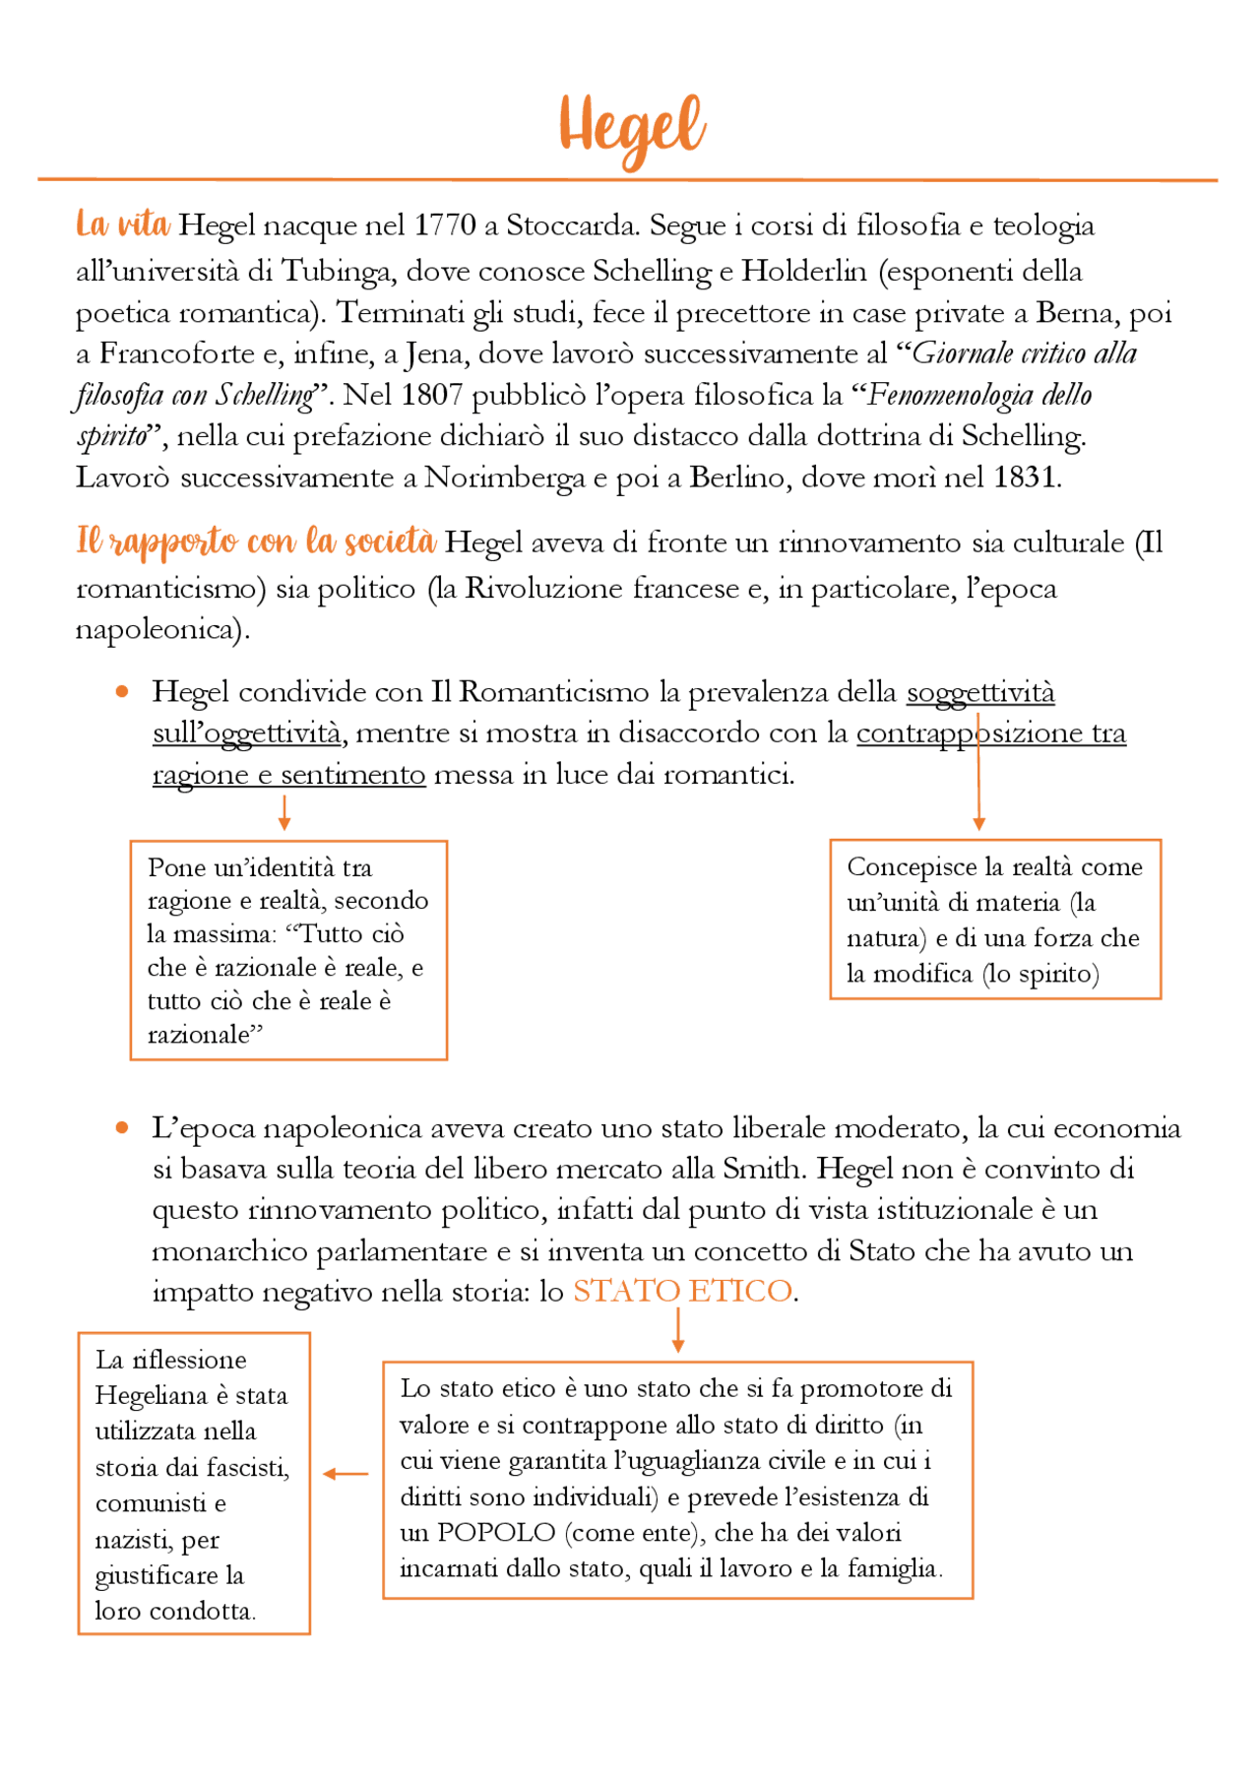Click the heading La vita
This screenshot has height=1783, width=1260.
(x=123, y=224)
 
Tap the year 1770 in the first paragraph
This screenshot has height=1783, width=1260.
(x=444, y=225)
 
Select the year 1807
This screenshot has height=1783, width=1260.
(x=432, y=395)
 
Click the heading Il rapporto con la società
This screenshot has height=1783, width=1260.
(x=256, y=541)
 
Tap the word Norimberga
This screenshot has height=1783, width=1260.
(x=505, y=478)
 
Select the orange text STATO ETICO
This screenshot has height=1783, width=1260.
(x=682, y=1291)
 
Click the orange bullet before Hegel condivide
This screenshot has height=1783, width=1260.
(x=122, y=692)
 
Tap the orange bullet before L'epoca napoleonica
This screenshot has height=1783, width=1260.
(x=122, y=1127)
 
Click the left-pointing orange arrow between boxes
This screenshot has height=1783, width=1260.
(x=346, y=1474)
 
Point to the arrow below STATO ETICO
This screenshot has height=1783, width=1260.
(x=677, y=1332)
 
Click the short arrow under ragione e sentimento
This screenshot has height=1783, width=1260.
(x=284, y=812)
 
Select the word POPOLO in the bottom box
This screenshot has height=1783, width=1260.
(x=496, y=1533)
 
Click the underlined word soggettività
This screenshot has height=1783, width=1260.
(x=979, y=692)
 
